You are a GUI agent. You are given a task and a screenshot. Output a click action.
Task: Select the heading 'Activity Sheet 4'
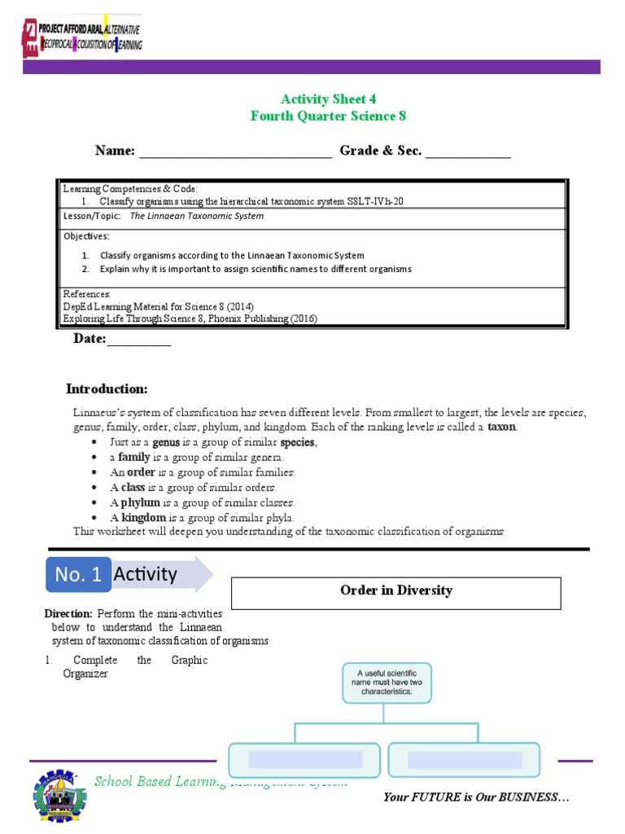[x=328, y=99]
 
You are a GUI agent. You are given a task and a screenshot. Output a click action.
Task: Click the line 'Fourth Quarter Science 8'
[x=328, y=116]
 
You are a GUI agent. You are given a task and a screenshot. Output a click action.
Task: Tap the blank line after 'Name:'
[x=235, y=151]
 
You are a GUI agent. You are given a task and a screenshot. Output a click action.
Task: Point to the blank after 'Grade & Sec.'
[x=468, y=151]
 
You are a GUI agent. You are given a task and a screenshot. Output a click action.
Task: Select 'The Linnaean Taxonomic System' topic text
[x=197, y=217]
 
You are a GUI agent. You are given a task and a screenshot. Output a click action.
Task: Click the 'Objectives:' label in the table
[x=86, y=236]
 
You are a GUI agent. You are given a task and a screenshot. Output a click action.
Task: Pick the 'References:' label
[x=87, y=293]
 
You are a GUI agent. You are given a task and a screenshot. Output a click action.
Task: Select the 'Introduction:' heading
[x=107, y=388]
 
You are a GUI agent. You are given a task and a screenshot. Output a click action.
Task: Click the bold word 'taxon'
[x=501, y=427]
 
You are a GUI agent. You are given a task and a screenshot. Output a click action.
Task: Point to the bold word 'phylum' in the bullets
[x=141, y=503]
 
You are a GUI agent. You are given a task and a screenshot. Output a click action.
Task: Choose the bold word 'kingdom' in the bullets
[x=144, y=517]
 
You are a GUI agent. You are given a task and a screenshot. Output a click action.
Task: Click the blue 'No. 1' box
[x=78, y=575]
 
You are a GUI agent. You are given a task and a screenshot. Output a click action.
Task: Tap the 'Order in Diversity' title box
[x=396, y=591]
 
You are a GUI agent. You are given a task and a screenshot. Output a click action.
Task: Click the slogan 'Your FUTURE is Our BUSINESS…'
[x=475, y=797]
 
